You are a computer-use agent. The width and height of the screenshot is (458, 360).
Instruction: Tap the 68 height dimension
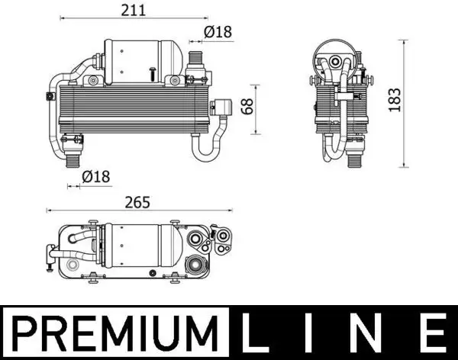pyautogui.click(x=246, y=107)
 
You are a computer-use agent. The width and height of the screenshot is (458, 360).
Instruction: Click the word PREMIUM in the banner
pyautogui.click(x=116, y=334)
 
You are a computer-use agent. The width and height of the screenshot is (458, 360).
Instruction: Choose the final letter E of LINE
pyautogui.click(x=431, y=334)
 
